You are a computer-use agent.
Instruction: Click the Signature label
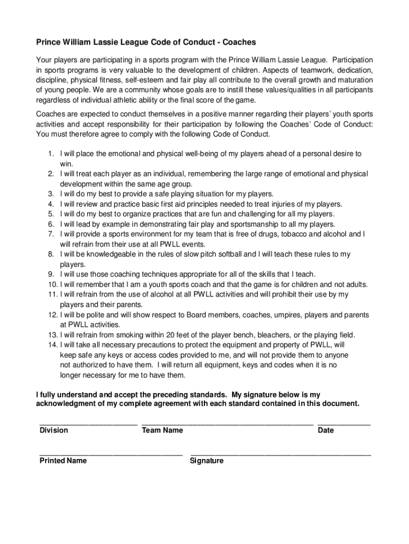207,461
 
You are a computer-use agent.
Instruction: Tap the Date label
326,430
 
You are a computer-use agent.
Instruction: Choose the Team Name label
162,430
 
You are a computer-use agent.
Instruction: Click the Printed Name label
63,461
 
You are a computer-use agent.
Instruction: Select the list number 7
51,234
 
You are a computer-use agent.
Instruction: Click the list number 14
52,344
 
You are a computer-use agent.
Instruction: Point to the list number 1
51,154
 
